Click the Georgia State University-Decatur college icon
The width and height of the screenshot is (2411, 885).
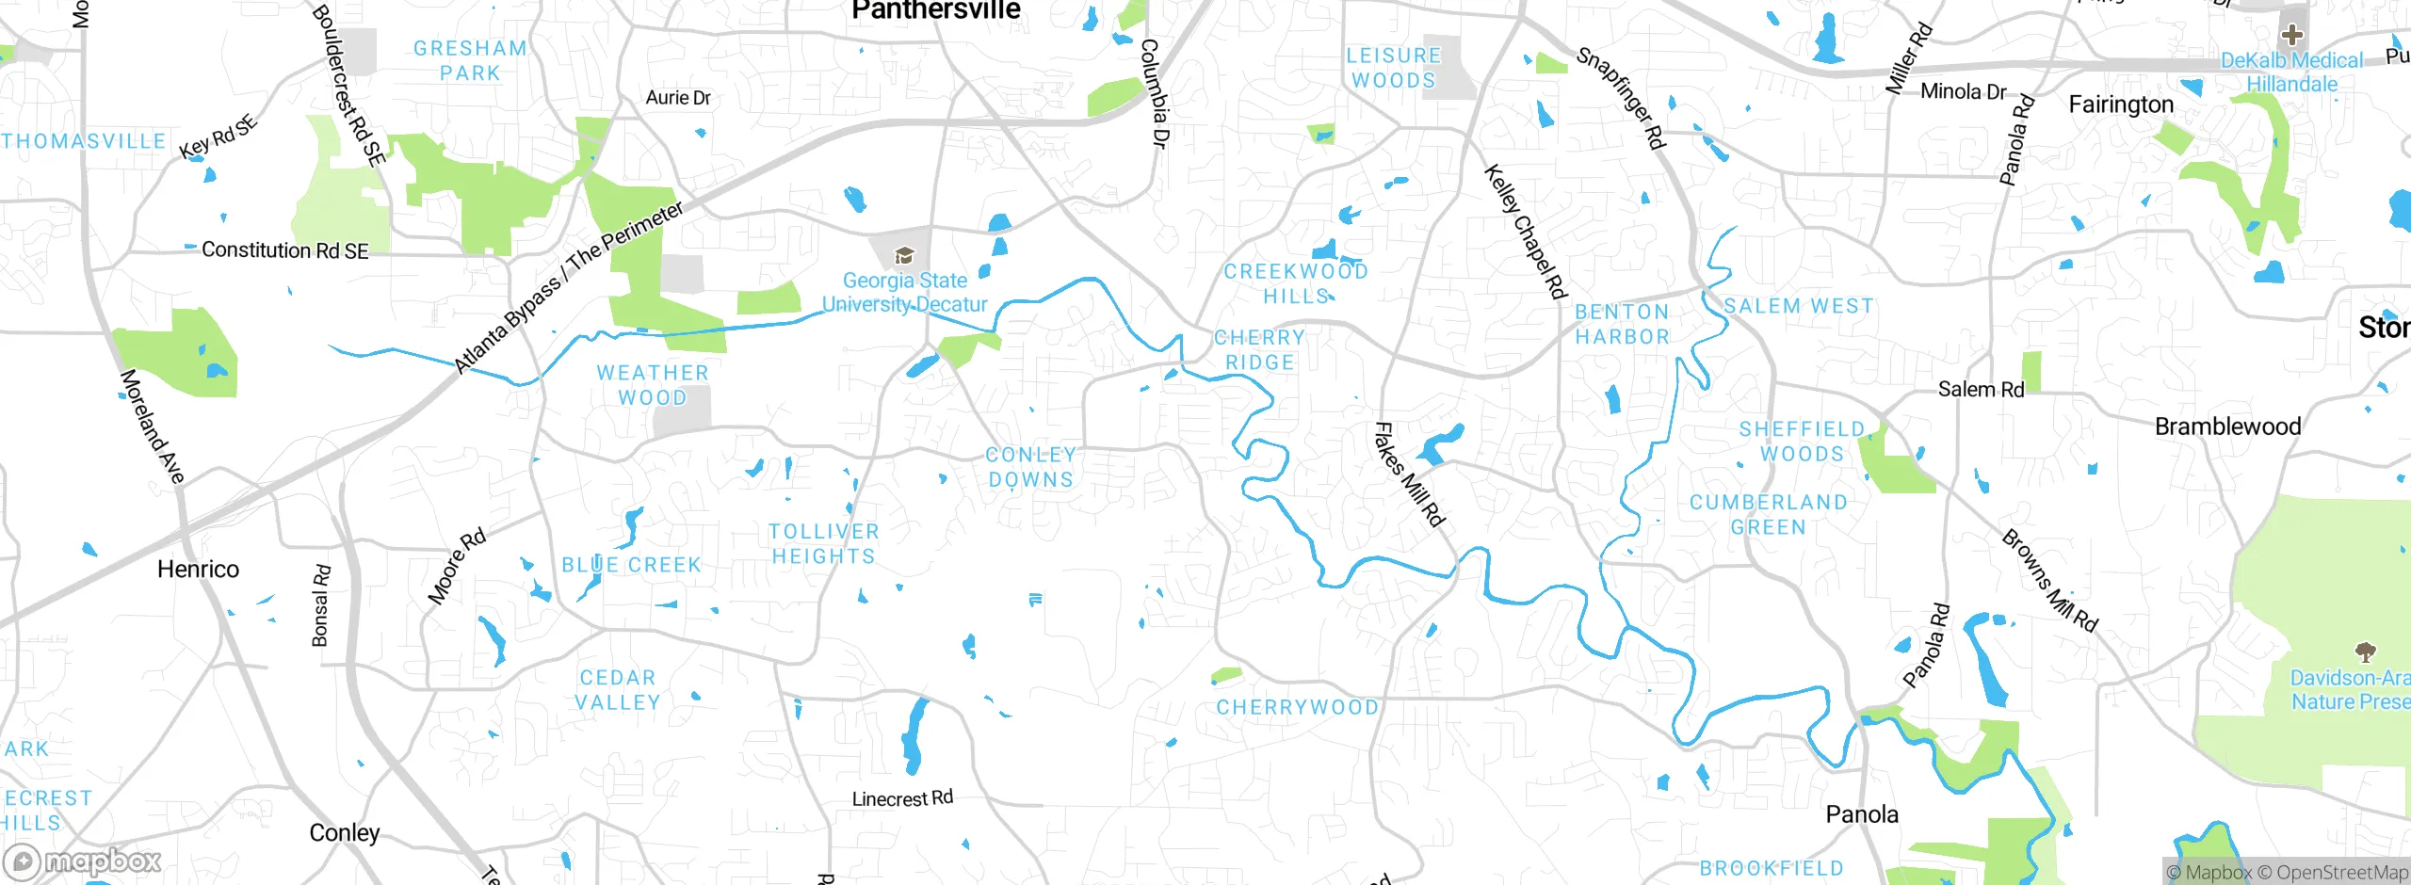tap(904, 255)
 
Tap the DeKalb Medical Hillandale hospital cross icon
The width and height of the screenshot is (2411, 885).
tap(2291, 37)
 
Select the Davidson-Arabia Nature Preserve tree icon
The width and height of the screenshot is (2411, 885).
tap(2365, 652)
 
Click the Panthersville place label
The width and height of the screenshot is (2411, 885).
tap(935, 10)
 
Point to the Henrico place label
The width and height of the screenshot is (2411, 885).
tap(198, 570)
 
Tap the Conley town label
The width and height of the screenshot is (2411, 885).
tap(345, 833)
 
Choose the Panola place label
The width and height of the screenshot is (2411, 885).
tap(1862, 814)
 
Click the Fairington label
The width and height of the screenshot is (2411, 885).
tap(2121, 105)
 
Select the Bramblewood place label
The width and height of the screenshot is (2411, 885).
tap(2227, 426)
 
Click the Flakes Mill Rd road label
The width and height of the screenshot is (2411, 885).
tap(1409, 474)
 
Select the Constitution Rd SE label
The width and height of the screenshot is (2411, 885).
tap(284, 250)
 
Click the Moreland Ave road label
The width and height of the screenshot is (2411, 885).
tap(152, 426)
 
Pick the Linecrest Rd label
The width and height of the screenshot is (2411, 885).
tap(902, 799)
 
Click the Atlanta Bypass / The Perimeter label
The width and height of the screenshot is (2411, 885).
tap(569, 287)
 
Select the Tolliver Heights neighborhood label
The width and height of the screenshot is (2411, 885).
tap(823, 544)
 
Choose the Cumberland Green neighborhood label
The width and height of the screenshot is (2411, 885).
tap(1768, 515)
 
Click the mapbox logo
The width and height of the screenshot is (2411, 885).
tap(83, 861)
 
